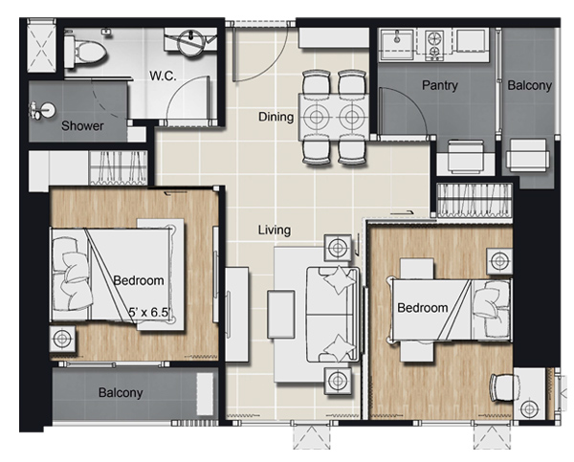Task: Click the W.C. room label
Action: point(163,76)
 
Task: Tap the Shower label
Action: point(82,126)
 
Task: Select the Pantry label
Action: point(440,85)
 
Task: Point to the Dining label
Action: point(276,117)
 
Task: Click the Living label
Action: point(275,230)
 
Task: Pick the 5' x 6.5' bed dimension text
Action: point(150,312)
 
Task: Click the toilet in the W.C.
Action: point(85,50)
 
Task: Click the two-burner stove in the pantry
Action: point(434,45)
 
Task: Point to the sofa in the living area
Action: point(333,315)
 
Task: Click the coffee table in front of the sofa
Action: point(281,315)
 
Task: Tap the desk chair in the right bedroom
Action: point(505,388)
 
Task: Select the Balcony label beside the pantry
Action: point(529,85)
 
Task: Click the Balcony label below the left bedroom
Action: point(121,392)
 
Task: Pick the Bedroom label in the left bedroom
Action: point(139,280)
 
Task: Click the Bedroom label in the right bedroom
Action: point(423,307)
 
